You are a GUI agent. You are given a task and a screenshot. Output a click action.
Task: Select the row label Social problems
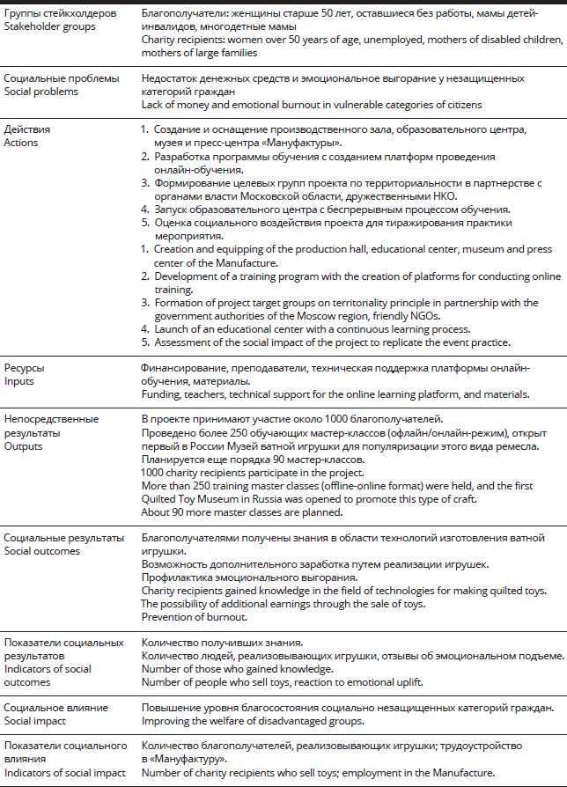(41, 92)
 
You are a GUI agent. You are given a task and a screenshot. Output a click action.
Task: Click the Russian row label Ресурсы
(24, 367)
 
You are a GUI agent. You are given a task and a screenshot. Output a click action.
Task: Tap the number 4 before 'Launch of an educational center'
(145, 329)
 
